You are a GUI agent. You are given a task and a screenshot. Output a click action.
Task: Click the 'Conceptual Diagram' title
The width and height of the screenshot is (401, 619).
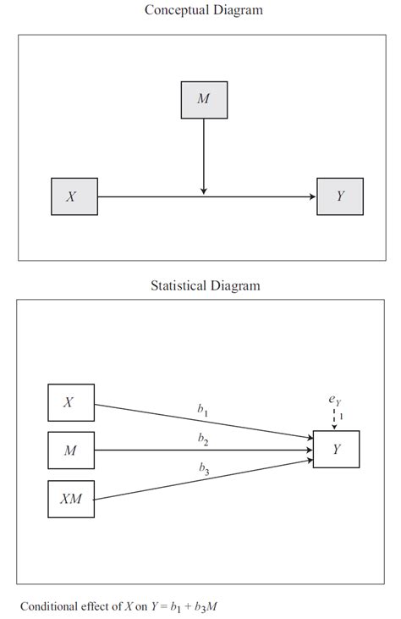(x=203, y=10)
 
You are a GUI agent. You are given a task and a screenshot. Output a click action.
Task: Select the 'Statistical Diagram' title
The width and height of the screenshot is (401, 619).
(x=205, y=285)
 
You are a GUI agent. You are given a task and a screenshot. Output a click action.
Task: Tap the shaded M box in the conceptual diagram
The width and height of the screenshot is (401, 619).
(x=204, y=99)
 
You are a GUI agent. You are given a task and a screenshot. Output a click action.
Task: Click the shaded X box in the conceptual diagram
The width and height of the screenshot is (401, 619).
(x=74, y=196)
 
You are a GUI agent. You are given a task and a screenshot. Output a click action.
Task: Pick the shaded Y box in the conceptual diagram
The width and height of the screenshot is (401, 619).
(x=340, y=196)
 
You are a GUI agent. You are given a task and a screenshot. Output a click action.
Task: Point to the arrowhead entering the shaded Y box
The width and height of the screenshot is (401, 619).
(x=313, y=196)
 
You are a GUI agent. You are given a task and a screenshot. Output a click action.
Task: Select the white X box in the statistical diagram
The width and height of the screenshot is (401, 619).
(x=70, y=403)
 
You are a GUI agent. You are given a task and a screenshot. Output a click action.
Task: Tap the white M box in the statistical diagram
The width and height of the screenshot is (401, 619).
(x=70, y=450)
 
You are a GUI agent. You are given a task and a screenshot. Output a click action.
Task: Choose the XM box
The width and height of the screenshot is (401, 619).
(x=70, y=499)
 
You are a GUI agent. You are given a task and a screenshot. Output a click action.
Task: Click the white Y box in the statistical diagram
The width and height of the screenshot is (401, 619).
(x=336, y=450)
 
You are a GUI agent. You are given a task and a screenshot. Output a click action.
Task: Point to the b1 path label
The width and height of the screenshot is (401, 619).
(x=203, y=410)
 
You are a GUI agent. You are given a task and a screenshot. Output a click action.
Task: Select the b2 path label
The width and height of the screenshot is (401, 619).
(x=204, y=439)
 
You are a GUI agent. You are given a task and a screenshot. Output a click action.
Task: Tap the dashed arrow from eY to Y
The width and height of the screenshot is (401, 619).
(x=334, y=420)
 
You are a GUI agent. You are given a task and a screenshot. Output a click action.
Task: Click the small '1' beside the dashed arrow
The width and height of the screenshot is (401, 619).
(x=342, y=416)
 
